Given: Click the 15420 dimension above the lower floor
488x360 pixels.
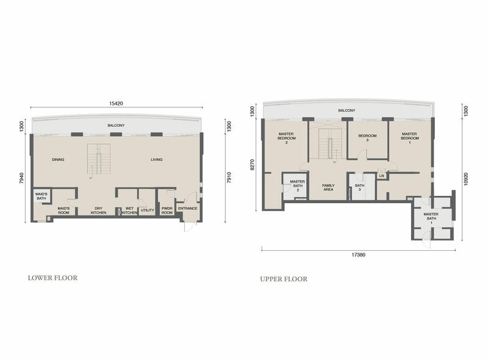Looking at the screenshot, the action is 116,103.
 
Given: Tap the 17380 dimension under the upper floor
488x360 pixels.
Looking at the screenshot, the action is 359,254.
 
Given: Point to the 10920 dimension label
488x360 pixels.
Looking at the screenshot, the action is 465,179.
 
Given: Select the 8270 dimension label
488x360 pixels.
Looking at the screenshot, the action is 253,165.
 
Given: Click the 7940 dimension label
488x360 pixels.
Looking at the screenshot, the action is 21,178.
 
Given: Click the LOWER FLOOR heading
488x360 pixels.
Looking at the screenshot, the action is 52,278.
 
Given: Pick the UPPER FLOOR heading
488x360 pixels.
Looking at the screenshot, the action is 284,279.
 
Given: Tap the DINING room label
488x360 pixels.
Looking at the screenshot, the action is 58,159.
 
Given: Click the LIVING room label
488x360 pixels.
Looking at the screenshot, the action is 157,159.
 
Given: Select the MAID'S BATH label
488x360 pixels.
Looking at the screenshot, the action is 41,196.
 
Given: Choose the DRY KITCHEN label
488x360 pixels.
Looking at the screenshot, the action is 98,211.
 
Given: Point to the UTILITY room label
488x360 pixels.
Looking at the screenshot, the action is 148,211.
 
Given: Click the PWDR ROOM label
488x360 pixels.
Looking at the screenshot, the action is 167,211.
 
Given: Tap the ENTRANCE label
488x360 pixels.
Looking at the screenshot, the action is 188,208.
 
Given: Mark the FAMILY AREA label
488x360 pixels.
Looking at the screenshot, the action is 328,187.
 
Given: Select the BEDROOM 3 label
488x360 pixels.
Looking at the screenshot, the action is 367,138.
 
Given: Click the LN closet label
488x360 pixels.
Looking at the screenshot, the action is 382,176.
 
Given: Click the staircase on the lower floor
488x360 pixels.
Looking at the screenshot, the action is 99,159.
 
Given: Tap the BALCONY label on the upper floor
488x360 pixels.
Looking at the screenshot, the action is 346,110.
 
